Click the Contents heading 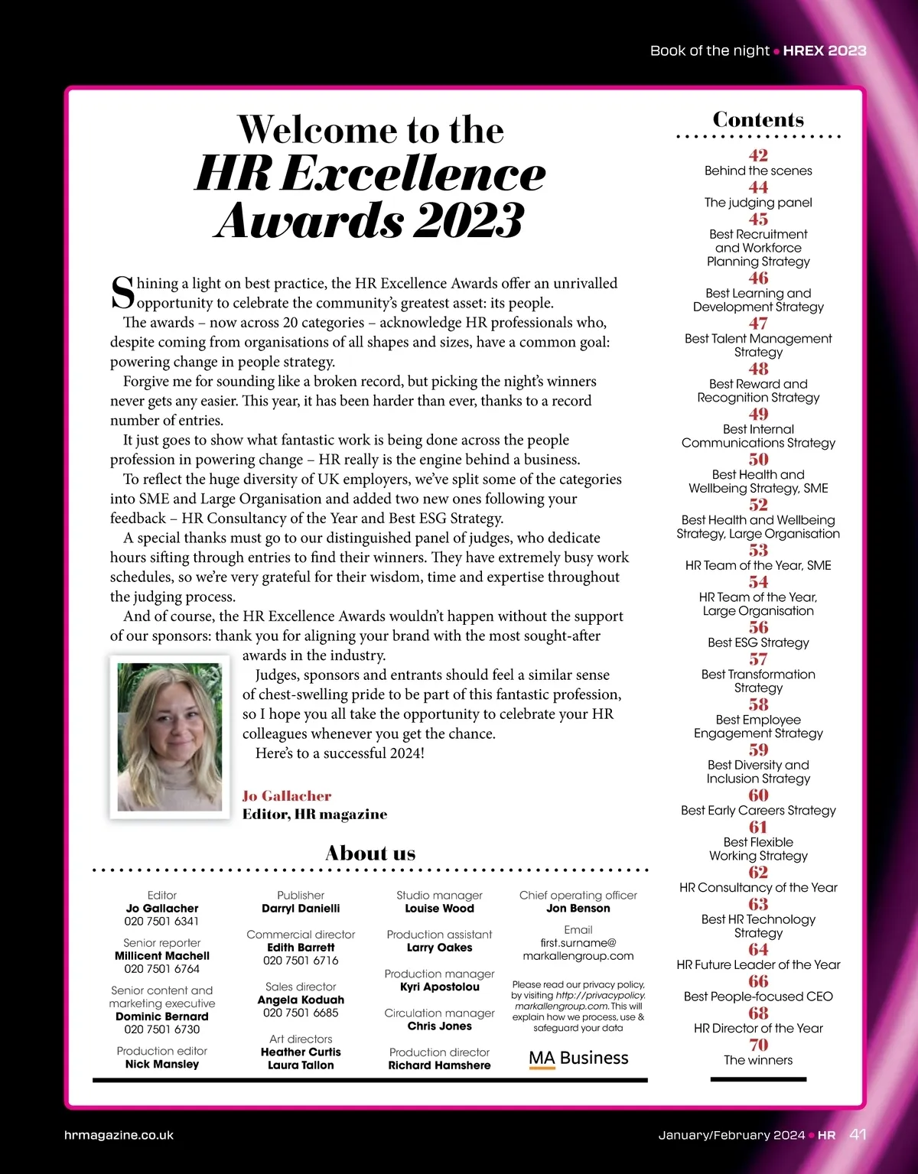click(758, 119)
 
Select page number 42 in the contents click(758, 155)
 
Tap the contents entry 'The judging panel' click(758, 203)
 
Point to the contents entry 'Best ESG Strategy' click(758, 642)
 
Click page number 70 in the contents click(758, 1045)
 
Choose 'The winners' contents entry click(758, 1060)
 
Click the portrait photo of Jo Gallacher click(170, 737)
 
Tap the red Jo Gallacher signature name click(287, 795)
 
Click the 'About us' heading click(370, 853)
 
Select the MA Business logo click(578, 1059)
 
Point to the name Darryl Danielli click(301, 909)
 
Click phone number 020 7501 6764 click(161, 969)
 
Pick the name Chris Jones click(439, 1026)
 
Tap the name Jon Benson click(578, 909)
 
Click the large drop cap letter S click(122, 292)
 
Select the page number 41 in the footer click(858, 1135)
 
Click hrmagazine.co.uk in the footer click(119, 1136)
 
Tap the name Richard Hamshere click(439, 1065)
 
